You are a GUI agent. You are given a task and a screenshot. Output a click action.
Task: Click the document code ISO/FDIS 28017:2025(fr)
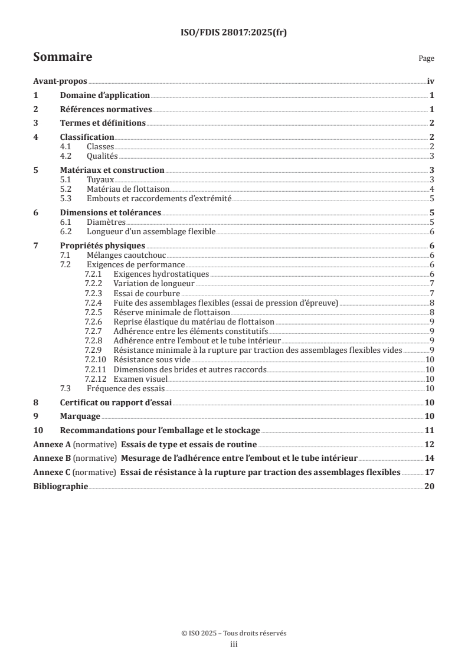pyautogui.click(x=234, y=33)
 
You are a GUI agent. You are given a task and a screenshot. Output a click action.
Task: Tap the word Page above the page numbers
pyautogui.click(x=426, y=58)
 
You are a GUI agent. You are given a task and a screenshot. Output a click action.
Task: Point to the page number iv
pyautogui.click(x=430, y=81)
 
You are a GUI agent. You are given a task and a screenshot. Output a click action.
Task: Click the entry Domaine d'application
pyautogui.click(x=105, y=95)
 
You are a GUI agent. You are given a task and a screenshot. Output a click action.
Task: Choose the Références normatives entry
pyautogui.click(x=106, y=109)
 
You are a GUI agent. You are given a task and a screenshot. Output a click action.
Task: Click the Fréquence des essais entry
pyautogui.click(x=126, y=388)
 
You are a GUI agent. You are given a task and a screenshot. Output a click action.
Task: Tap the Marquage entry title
pyautogui.click(x=80, y=416)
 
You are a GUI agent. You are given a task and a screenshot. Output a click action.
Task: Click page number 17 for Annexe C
pyautogui.click(x=430, y=472)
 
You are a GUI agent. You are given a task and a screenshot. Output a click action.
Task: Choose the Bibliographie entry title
pyautogui.click(x=60, y=486)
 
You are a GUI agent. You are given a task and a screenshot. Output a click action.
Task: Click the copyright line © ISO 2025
pyautogui.click(x=234, y=633)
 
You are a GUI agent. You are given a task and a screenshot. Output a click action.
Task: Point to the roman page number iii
pyautogui.click(x=234, y=644)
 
